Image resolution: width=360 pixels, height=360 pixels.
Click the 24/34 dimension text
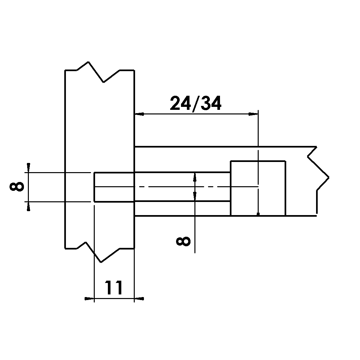click(x=196, y=104)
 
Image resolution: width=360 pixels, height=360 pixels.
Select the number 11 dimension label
click(x=114, y=288)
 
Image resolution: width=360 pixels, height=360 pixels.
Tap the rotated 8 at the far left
click(x=17, y=187)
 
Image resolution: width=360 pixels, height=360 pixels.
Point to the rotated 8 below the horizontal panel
click(x=183, y=242)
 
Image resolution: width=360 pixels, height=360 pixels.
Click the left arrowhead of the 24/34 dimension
click(x=139, y=114)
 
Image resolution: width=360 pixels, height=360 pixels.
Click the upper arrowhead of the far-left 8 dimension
click(x=29, y=167)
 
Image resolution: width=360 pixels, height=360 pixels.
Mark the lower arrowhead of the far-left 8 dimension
click(x=29, y=207)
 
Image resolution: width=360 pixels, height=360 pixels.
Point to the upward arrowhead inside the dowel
click(x=195, y=177)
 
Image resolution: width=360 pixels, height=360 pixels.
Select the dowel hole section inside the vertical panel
click(x=114, y=187)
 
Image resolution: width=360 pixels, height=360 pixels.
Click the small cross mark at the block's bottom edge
click(x=258, y=214)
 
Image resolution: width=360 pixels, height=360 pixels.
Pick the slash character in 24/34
click(x=195, y=104)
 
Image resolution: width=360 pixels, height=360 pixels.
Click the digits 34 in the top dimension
click(x=211, y=104)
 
